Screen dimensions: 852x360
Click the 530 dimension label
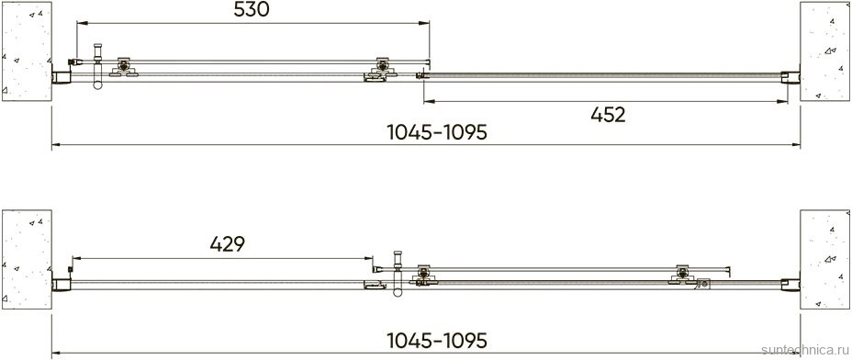[x=252, y=9]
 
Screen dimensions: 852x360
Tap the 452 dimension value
[x=608, y=115]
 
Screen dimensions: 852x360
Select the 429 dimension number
[x=227, y=244]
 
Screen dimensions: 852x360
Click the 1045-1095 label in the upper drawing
[x=437, y=132]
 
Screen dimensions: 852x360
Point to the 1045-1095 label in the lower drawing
[x=437, y=341]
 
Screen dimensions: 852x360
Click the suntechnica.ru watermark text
[x=806, y=349]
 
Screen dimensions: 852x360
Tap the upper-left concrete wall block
[x=27, y=51]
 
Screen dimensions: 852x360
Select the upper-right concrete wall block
[x=824, y=51]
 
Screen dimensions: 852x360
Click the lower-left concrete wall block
[x=27, y=259]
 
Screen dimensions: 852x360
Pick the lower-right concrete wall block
[x=824, y=259]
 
